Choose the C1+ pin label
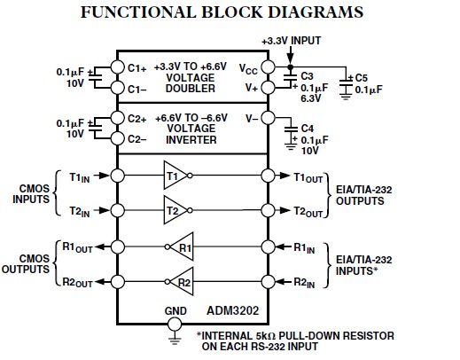pyautogui.click(x=136, y=67)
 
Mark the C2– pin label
pyautogui.click(x=136, y=138)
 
